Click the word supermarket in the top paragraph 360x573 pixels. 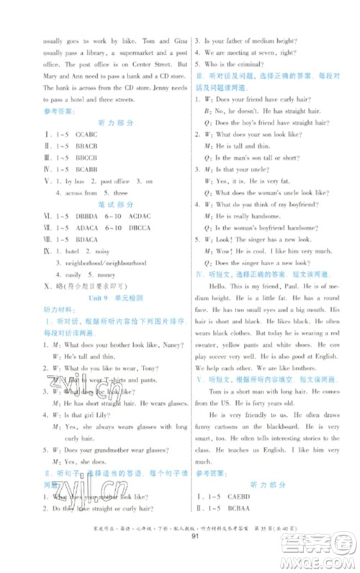pyautogui.click(x=122, y=53)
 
